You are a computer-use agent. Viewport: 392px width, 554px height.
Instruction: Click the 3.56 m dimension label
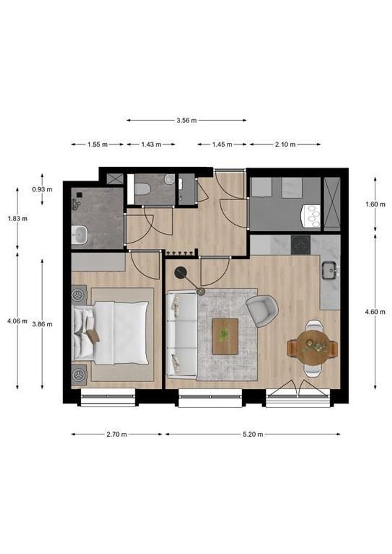click(186, 121)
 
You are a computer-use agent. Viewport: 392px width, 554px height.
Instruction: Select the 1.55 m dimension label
click(97, 145)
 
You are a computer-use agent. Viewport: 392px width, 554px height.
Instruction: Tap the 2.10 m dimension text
click(285, 145)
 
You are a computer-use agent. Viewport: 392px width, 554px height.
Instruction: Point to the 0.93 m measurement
click(42, 189)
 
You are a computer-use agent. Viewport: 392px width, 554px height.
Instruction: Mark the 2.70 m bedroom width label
click(116, 434)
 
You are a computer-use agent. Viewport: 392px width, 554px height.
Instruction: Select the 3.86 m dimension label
click(42, 324)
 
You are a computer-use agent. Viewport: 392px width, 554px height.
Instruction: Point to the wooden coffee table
click(225, 336)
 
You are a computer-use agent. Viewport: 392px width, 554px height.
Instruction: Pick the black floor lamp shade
click(181, 273)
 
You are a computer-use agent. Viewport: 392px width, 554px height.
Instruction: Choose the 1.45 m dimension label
click(222, 145)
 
